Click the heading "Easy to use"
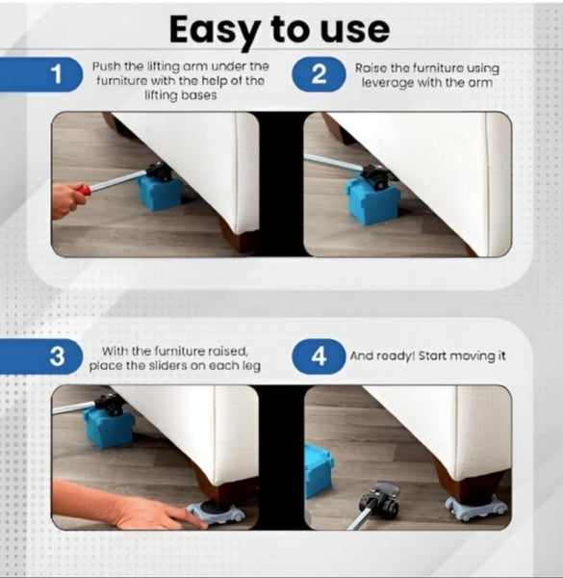pos(280,29)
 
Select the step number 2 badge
pos(319,75)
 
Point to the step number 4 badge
pos(319,355)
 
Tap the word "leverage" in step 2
pos(387,83)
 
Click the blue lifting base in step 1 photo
pos(159,192)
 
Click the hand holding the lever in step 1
pos(67,200)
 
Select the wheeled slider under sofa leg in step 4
pos(474,507)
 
